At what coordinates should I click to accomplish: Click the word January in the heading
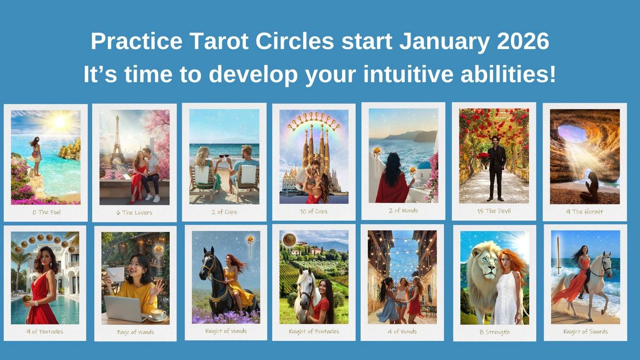pos(444,41)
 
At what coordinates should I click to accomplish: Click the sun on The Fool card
pos(59,121)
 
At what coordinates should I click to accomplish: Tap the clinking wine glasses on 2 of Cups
pos(223,157)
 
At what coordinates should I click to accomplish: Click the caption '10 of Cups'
pos(313,211)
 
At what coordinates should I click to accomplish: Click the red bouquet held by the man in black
pos(483,158)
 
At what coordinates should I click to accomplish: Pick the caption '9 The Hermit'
pos(585,211)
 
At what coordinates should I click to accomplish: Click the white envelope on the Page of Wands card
pos(116,274)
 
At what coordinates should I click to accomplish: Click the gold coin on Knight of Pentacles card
pos(289,239)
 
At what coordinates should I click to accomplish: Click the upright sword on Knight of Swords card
pos(558,255)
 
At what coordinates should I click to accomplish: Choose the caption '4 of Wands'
pos(402,332)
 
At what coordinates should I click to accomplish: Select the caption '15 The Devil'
pos(493,211)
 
